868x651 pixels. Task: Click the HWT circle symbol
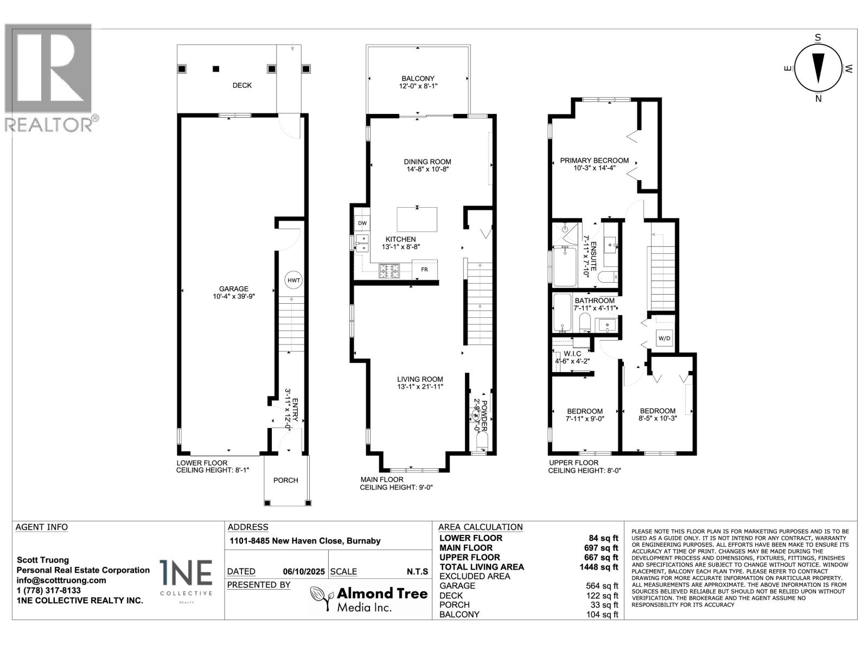[293, 280]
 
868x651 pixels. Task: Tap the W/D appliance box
[664, 339]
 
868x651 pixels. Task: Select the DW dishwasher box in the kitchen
[362, 223]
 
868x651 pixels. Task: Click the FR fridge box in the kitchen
[424, 269]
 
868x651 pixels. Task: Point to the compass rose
[818, 68]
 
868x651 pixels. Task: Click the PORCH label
[285, 480]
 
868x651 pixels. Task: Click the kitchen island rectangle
[417, 219]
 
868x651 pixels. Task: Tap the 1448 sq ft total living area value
[599, 567]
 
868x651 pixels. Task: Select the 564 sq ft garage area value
[602, 586]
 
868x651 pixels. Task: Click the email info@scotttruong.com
[61, 580]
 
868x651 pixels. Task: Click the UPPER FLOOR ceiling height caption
[584, 467]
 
